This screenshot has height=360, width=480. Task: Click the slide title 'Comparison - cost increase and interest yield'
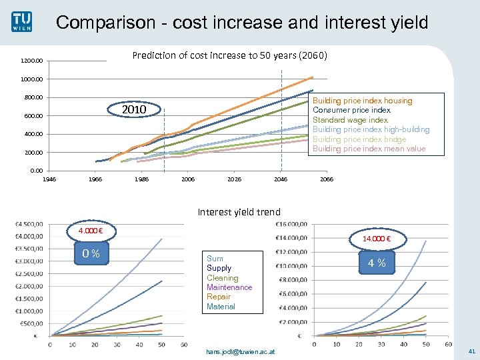click(241, 23)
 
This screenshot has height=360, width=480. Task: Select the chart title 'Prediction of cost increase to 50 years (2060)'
click(230, 55)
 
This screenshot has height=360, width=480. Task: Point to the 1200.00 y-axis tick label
click(31, 61)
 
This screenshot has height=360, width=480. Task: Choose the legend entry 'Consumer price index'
click(351, 110)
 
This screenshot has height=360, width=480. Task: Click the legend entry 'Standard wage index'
click(350, 120)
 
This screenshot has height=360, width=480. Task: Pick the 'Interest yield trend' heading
click(239, 212)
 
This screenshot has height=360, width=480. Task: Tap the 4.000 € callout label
click(91, 231)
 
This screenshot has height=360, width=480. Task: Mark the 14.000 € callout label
click(376, 239)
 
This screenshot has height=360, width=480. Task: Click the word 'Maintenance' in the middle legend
click(229, 287)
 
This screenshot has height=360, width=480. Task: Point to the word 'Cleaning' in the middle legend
click(222, 278)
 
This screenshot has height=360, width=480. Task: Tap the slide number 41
click(471, 351)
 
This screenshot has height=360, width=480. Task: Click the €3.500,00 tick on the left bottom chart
click(30, 249)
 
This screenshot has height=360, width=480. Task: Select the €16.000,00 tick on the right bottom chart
click(291, 223)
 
